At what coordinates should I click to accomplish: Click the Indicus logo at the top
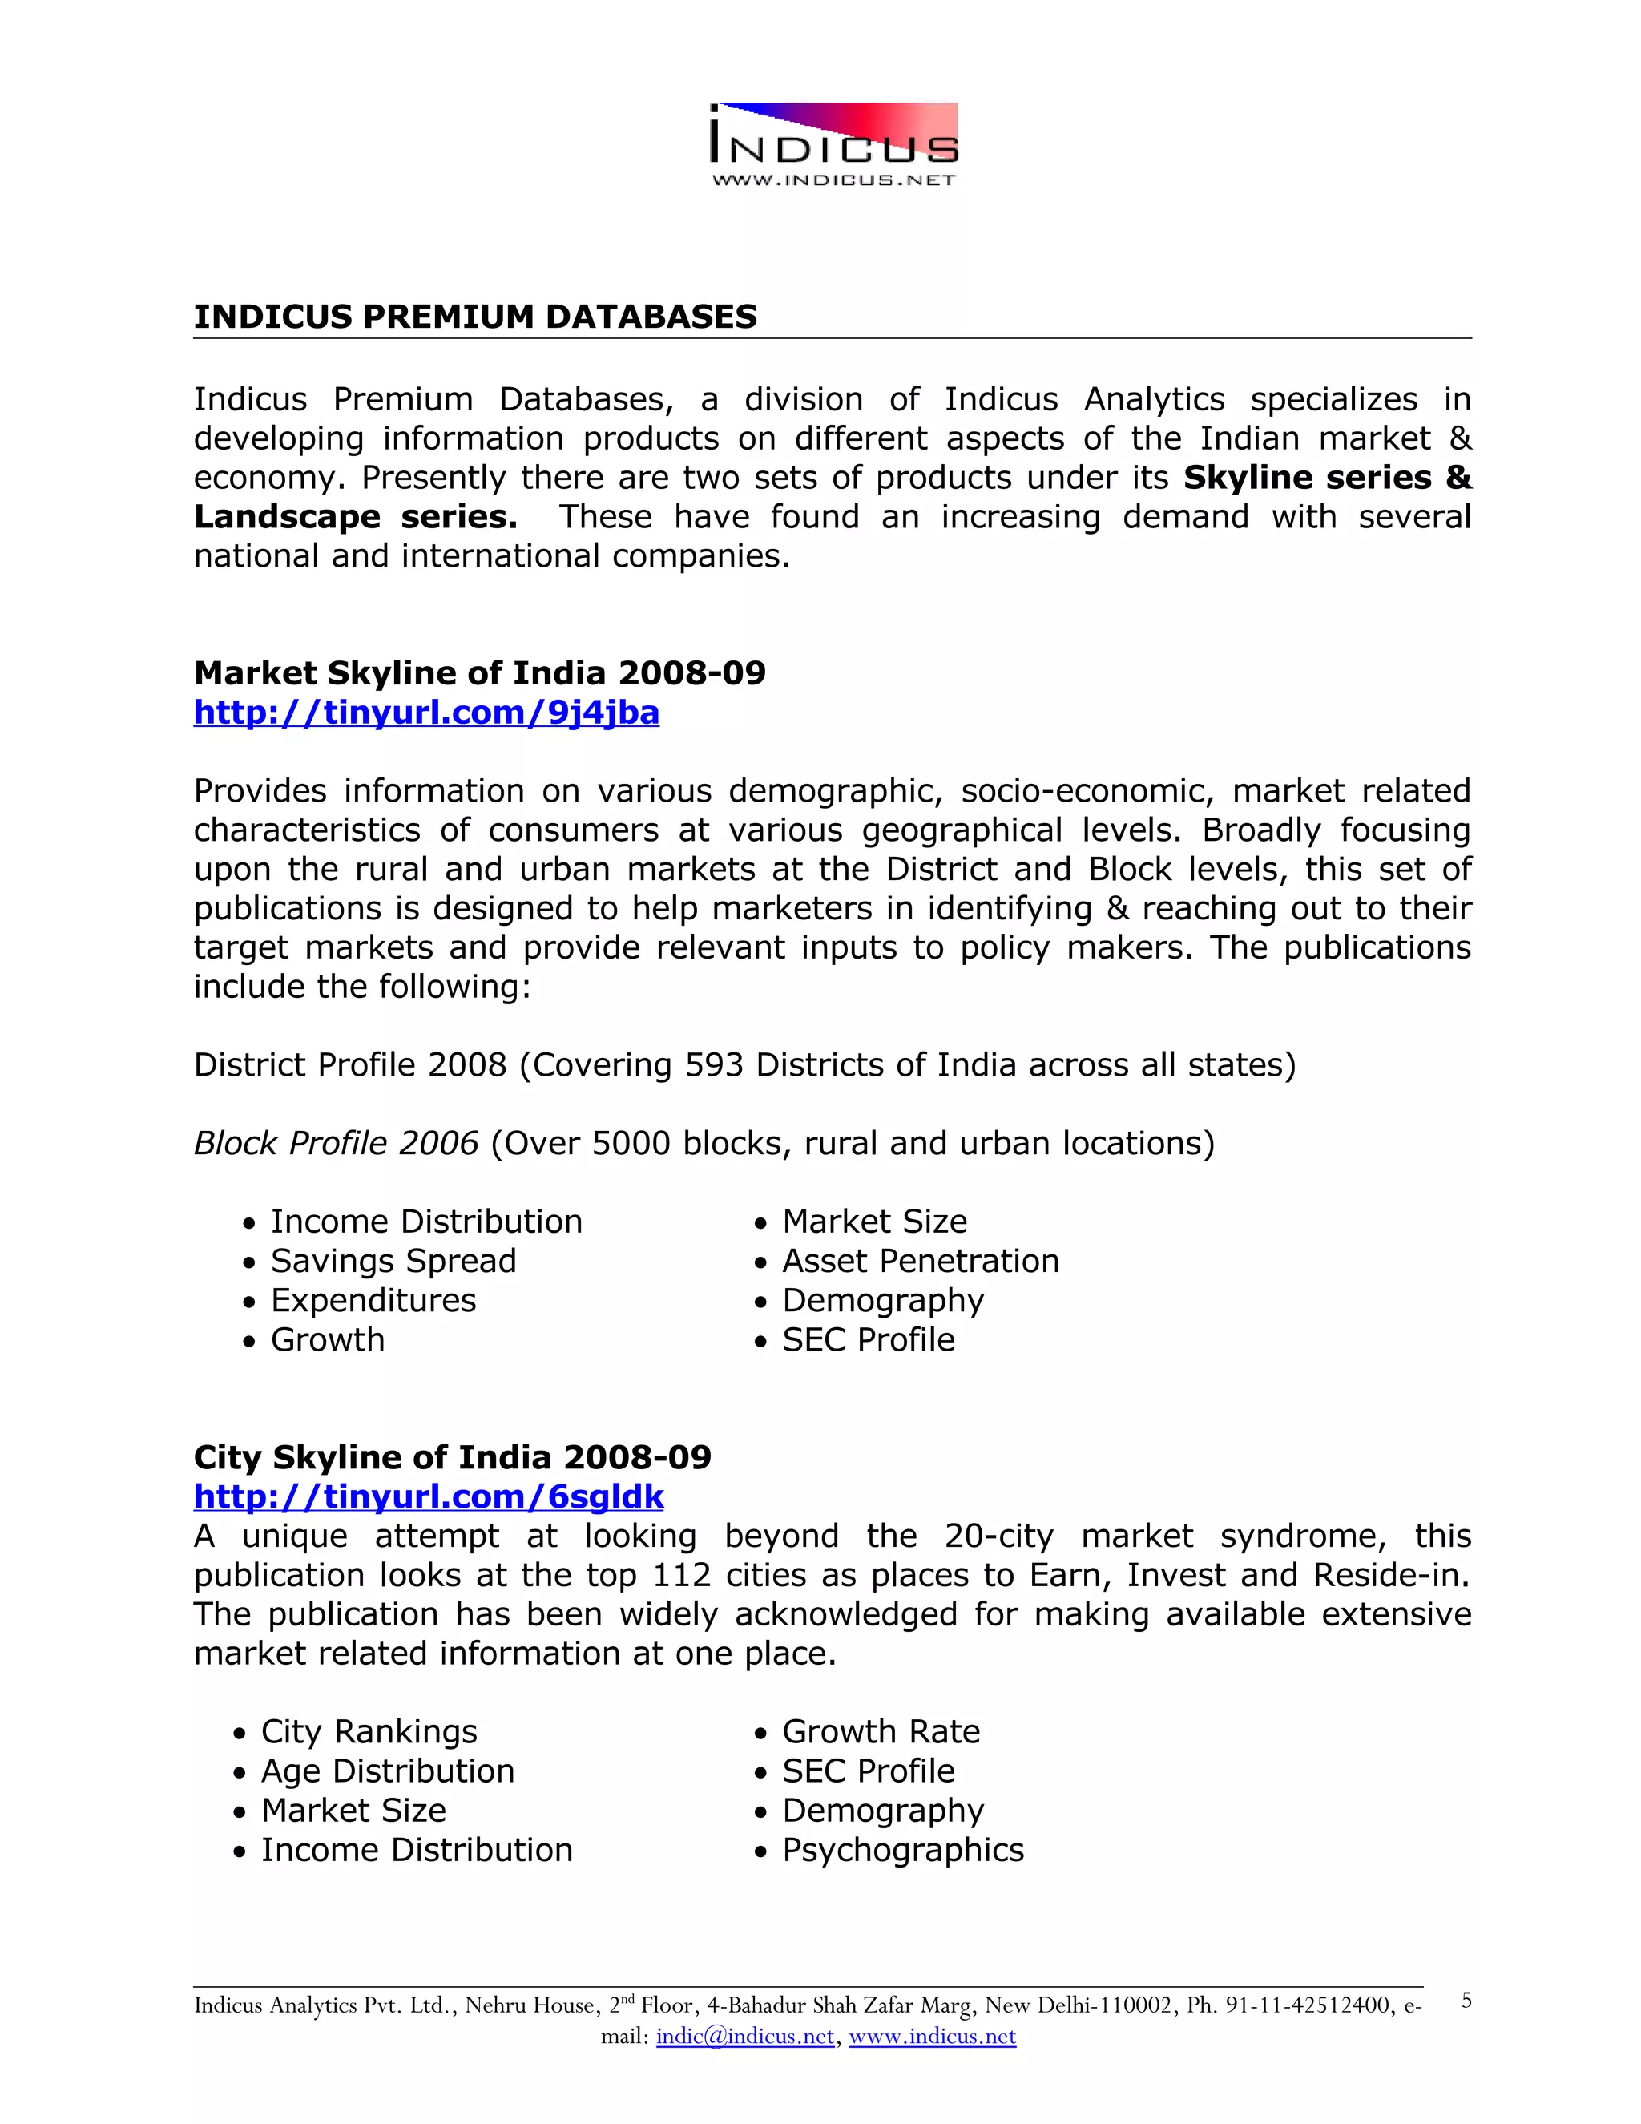click(x=834, y=144)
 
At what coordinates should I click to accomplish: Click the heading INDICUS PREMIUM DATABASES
click(x=474, y=317)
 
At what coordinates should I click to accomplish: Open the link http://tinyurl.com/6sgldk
click(x=428, y=1496)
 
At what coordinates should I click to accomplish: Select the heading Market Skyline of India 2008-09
click(x=479, y=673)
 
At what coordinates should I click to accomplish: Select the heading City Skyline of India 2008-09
click(x=452, y=1457)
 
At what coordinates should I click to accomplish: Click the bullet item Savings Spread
click(x=393, y=1262)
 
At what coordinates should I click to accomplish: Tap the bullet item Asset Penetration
click(x=920, y=1262)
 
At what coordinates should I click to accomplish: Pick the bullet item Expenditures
click(x=373, y=1300)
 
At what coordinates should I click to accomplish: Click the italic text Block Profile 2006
click(x=336, y=1144)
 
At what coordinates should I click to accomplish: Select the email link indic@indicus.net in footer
click(x=744, y=2037)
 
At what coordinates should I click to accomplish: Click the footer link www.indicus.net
click(x=931, y=2037)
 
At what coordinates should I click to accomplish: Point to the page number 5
click(x=1466, y=2001)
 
